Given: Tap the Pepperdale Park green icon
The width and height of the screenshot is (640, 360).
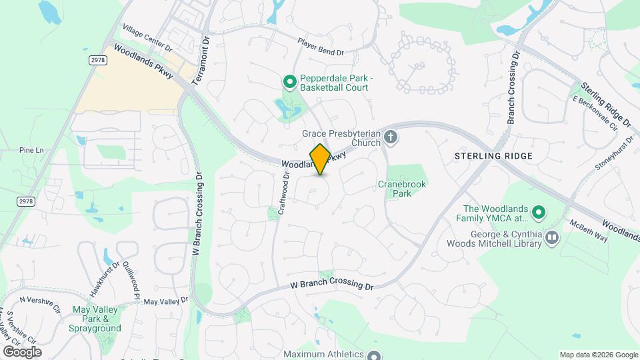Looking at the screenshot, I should [290, 82].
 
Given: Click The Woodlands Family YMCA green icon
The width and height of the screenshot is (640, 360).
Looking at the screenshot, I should [539, 213].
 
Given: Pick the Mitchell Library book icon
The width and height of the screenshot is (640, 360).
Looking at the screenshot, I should [552, 238].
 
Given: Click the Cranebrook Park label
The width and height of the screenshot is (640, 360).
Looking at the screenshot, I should [402, 189].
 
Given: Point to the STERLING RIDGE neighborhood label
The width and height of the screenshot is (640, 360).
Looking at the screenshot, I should [493, 156].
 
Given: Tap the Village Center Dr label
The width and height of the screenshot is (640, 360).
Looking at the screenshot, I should [147, 39].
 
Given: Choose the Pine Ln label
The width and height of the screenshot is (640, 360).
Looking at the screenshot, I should [31, 150].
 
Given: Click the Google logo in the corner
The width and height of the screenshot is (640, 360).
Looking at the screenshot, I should [22, 352].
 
